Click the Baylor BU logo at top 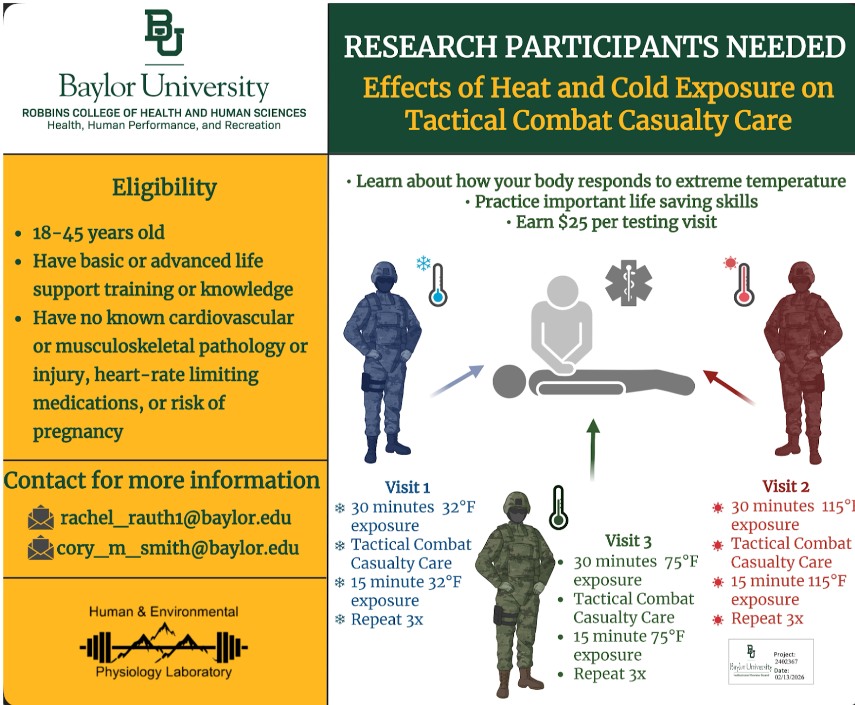click(x=164, y=34)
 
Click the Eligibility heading click(x=164, y=188)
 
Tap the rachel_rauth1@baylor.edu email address click(x=176, y=518)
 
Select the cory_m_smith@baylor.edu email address click(x=177, y=548)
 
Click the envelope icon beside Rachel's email click(x=41, y=518)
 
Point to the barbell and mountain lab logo click(x=163, y=644)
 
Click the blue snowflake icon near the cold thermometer click(x=423, y=263)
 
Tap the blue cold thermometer click(x=438, y=285)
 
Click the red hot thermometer click(x=744, y=285)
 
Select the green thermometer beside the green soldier click(x=559, y=508)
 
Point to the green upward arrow click(x=593, y=449)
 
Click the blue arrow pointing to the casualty click(x=457, y=381)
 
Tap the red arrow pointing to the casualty click(x=728, y=386)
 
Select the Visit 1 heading click(x=407, y=488)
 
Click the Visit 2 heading click(x=785, y=487)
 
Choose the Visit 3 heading click(x=628, y=541)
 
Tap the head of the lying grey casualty click(x=509, y=382)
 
